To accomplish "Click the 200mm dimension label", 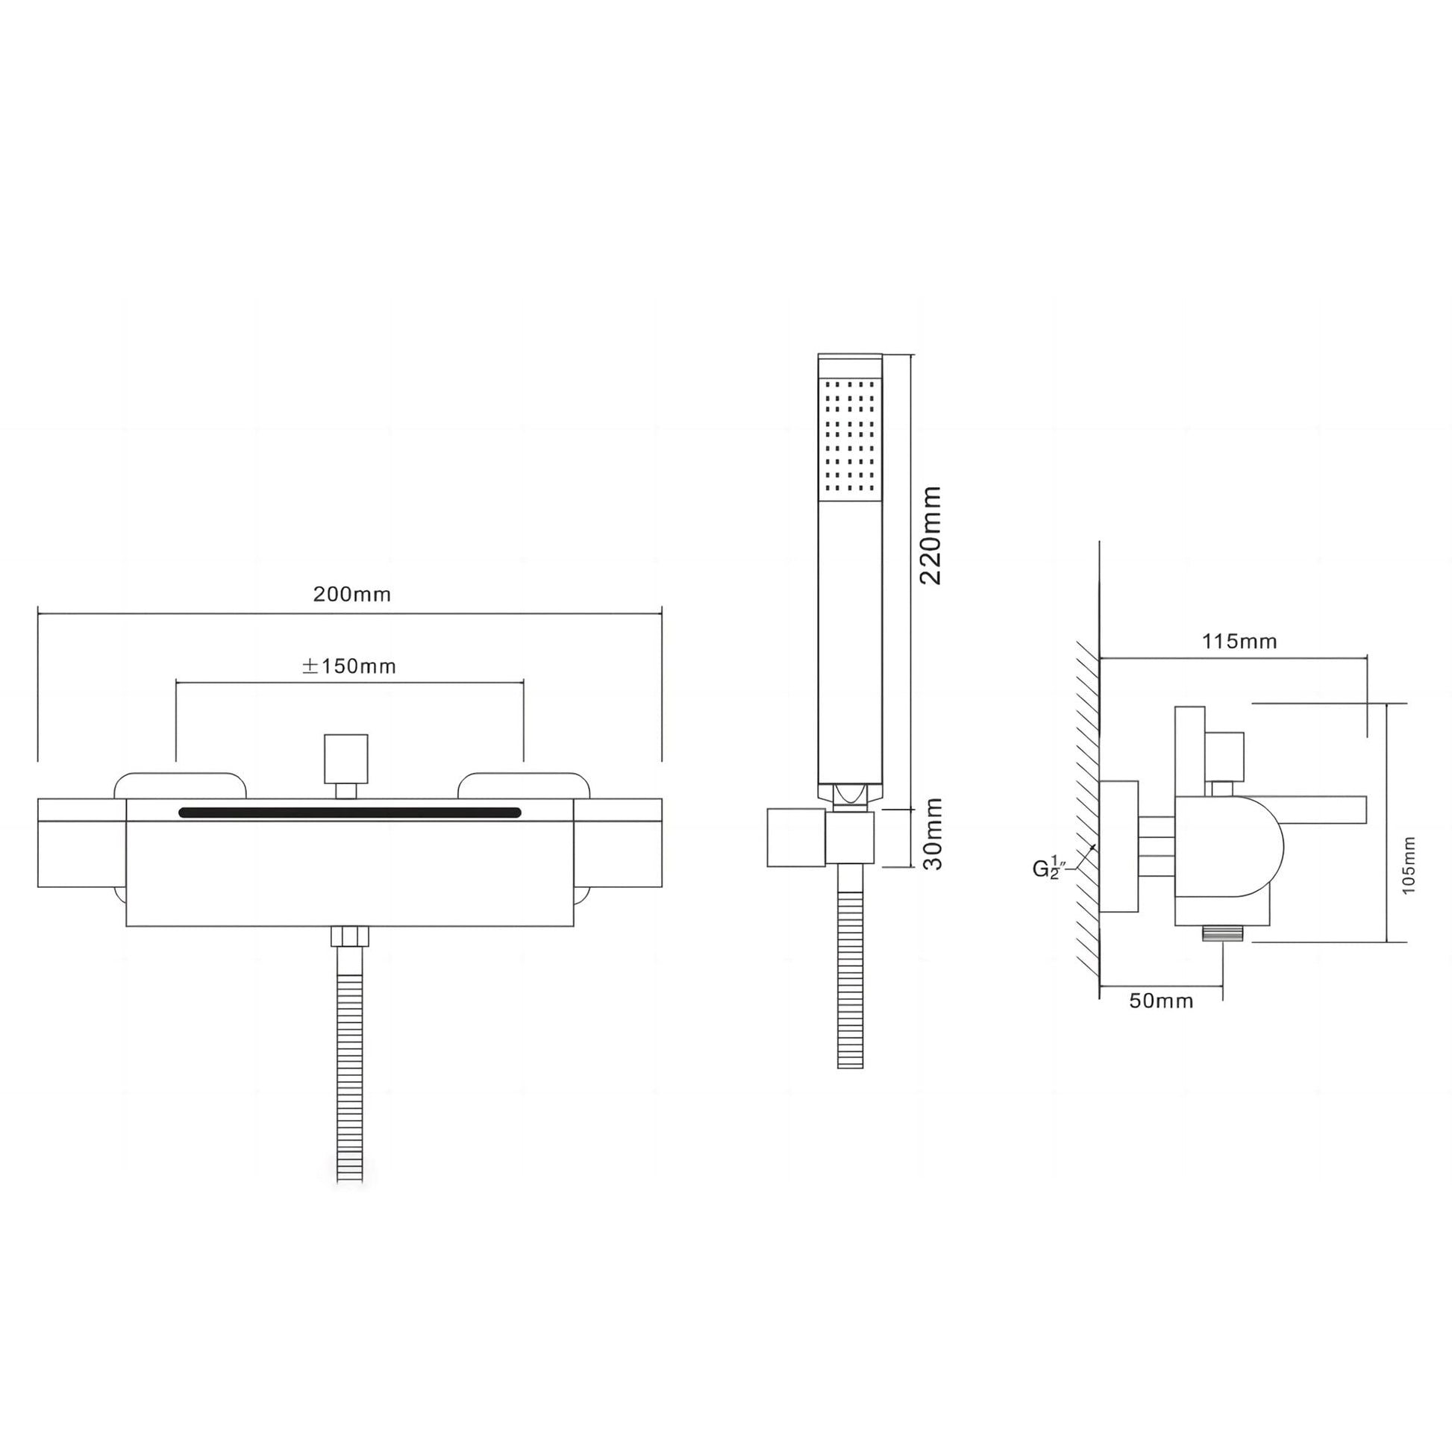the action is (x=351, y=595).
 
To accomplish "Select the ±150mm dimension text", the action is (x=348, y=666).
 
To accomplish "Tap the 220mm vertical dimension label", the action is (x=930, y=534).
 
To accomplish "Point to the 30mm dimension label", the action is (x=932, y=833).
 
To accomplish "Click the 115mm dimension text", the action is (x=1239, y=641).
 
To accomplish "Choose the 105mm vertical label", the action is (x=1409, y=865).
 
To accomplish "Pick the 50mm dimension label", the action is (x=1161, y=1001).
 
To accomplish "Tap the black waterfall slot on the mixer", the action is (x=349, y=813).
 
